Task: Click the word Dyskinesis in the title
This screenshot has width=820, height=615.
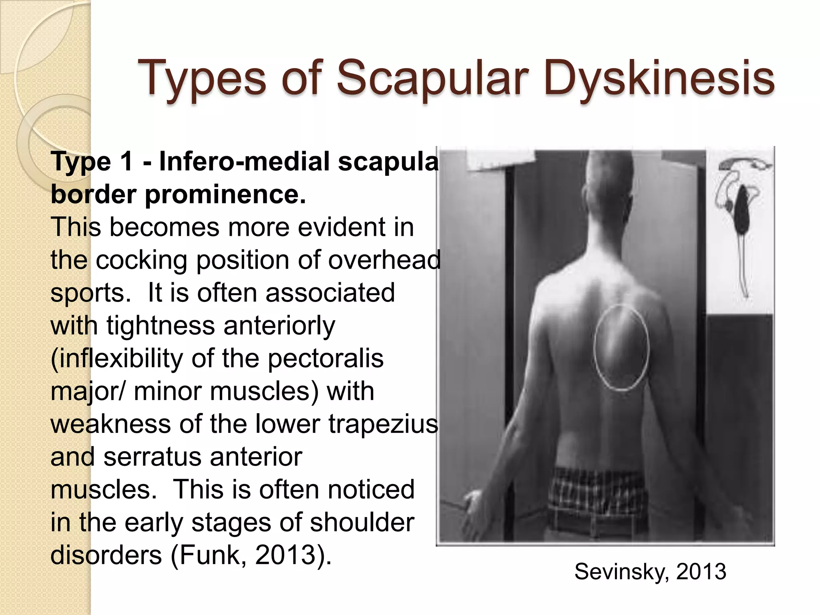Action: [659, 78]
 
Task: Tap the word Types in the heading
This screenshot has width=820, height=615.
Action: [202, 78]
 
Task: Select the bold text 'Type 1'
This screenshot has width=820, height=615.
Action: [92, 162]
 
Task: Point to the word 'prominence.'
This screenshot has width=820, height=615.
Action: [225, 195]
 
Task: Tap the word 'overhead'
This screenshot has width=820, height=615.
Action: [384, 260]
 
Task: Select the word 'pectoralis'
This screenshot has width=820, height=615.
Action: [326, 358]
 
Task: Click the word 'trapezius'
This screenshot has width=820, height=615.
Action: [383, 424]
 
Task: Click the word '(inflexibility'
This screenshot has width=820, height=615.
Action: [117, 358]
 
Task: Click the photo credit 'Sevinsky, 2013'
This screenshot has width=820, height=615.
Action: [650, 571]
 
